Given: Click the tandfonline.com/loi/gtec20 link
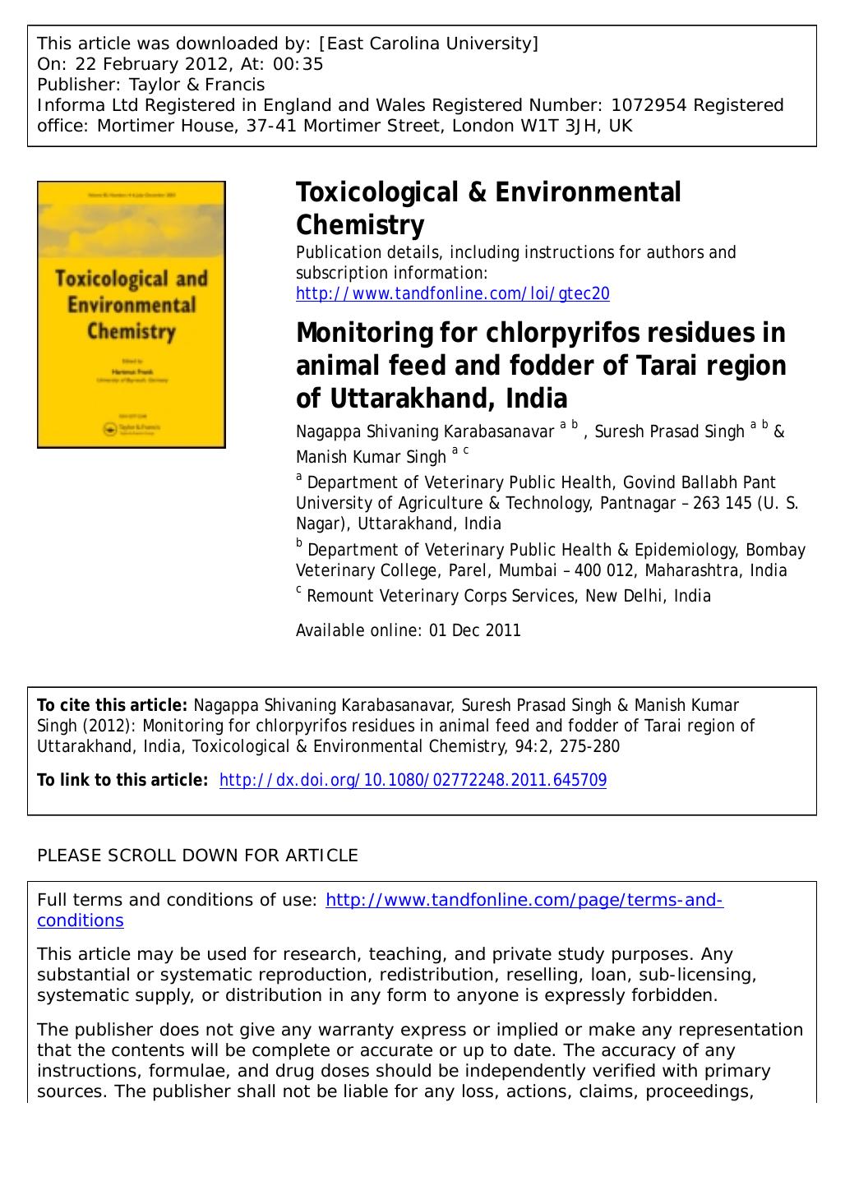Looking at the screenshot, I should (x=452, y=293).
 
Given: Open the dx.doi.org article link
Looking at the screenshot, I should (x=413, y=780).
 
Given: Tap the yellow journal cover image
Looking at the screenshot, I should (x=132, y=314).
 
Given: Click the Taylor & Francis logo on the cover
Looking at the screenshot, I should (x=132, y=427).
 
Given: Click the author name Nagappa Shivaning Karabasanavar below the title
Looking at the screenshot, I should (x=424, y=431).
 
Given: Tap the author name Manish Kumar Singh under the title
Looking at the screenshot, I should (x=371, y=457).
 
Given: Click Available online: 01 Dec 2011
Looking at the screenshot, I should (x=408, y=630).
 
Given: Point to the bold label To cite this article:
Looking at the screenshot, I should (x=113, y=705).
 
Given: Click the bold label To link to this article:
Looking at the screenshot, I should (x=122, y=780).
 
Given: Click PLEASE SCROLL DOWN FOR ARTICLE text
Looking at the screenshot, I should (x=197, y=856).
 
